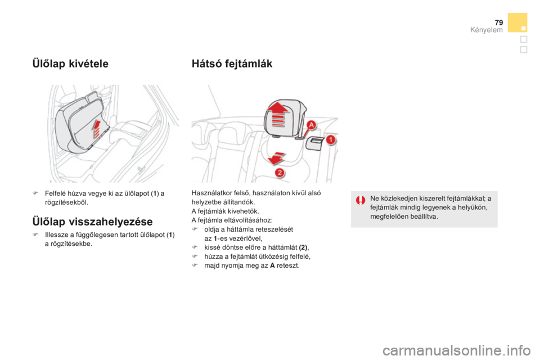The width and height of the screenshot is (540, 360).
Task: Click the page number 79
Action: pos(499,22)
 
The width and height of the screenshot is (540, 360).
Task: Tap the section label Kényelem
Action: pos(486,30)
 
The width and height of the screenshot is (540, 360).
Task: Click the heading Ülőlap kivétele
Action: pos(70,64)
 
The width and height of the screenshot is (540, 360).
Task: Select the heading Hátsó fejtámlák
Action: pos(232,64)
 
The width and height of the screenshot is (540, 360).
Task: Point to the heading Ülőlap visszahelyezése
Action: pos(92,222)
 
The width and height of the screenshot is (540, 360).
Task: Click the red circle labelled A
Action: pos(311,125)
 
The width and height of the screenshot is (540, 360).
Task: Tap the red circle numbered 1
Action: pos(331,140)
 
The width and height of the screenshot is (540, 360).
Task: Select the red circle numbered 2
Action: pos(280,172)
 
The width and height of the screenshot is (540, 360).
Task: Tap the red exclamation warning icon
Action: pos(361,200)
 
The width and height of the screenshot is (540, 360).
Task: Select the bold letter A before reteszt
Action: pos(272,265)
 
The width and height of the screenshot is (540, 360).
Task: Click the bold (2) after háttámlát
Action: pos(303,247)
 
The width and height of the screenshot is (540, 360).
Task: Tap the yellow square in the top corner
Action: pos(517,22)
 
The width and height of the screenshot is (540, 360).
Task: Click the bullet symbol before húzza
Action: pos(195,256)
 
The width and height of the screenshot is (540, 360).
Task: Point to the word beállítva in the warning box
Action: pos(424,217)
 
